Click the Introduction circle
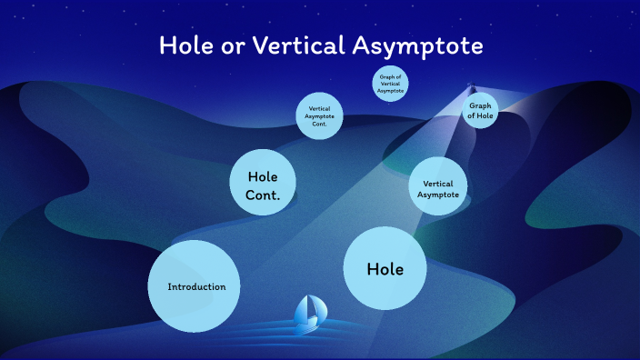coord(195,286)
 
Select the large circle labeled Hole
coord(385,268)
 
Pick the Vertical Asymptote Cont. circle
coord(319,116)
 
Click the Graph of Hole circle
coord(480,111)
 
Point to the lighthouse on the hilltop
coord(470,89)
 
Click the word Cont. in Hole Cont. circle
coord(263,195)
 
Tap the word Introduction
coord(196,287)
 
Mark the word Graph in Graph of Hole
coord(480,105)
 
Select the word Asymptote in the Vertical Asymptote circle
coord(438,195)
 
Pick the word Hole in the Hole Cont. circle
coord(263,176)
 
